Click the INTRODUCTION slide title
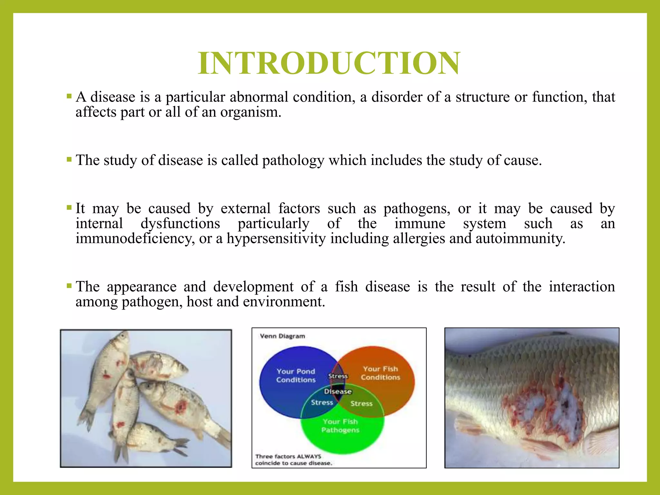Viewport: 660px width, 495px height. [x=329, y=63]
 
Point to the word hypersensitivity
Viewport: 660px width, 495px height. [x=276, y=239]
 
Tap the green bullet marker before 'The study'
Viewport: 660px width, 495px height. [x=69, y=159]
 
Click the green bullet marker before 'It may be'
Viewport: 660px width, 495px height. [x=69, y=208]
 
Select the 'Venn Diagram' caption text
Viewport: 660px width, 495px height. [x=282, y=336]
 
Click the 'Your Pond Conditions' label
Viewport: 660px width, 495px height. [x=296, y=375]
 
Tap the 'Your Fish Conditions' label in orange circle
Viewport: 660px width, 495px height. [x=380, y=373]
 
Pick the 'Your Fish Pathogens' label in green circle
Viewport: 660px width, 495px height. [x=340, y=426]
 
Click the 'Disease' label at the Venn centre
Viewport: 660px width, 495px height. [x=338, y=391]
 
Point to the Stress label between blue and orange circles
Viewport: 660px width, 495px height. [x=338, y=376]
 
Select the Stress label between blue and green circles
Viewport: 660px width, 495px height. [x=322, y=403]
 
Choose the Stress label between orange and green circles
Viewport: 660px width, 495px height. [x=361, y=403]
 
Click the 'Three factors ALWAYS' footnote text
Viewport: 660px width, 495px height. [x=288, y=456]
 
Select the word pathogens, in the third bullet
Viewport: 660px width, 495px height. [x=417, y=209]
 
